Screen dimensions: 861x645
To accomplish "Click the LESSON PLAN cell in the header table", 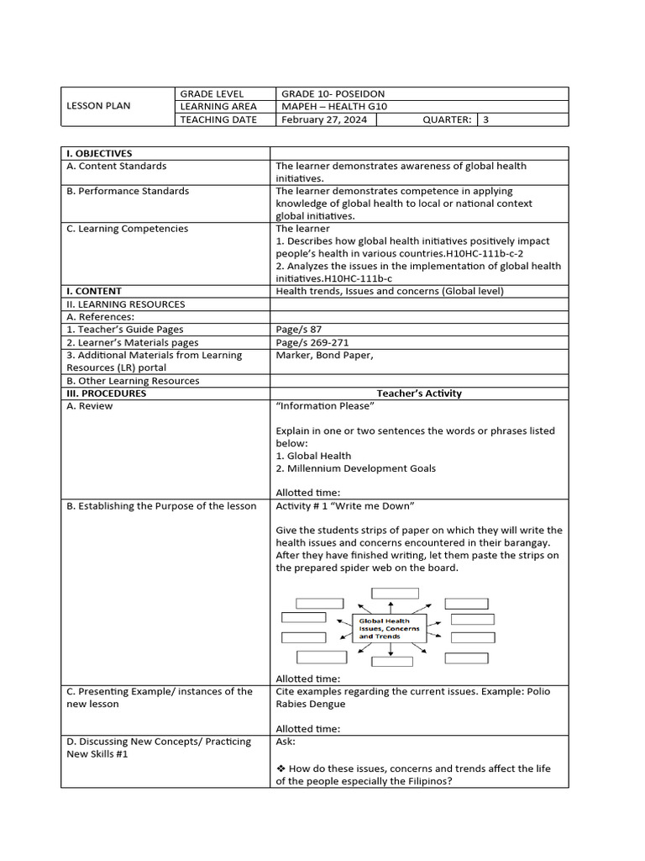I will coord(99,106).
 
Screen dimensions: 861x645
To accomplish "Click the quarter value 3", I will coord(485,119).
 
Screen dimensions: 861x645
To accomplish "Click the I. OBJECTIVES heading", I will coord(99,153).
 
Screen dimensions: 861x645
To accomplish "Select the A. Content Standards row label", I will coord(116,166).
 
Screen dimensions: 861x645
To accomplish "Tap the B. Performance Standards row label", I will coord(127,191).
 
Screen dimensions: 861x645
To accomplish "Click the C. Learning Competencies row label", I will coord(127,229).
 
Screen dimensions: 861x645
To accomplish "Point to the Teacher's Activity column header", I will coord(419,394).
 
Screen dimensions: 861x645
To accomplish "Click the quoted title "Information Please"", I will coord(325,406).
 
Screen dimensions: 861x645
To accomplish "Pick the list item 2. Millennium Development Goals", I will coord(355,468).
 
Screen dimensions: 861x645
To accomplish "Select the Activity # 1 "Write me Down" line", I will coord(345,506).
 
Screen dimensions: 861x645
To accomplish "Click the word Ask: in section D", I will coord(286,742).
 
